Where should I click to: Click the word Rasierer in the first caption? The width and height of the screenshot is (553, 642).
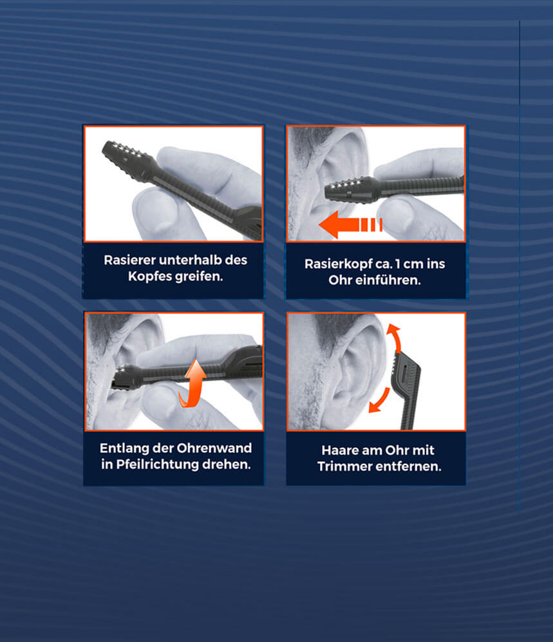(x=129, y=260)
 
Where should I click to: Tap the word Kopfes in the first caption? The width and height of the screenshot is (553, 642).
(x=149, y=277)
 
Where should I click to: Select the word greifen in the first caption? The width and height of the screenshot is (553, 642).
(x=199, y=277)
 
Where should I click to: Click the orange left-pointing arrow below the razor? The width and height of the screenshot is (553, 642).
(x=350, y=225)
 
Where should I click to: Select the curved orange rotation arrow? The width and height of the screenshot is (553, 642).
(x=193, y=383)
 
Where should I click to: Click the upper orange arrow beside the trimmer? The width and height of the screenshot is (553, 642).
(x=395, y=337)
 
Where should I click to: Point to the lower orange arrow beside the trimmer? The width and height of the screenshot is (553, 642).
(x=379, y=400)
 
